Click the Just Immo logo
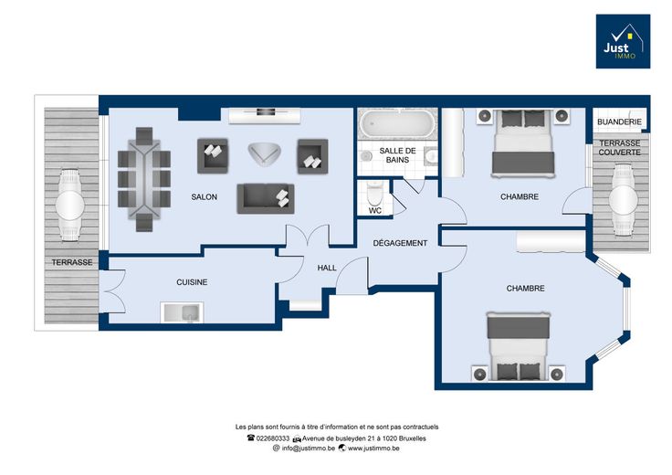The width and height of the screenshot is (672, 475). coord(623,41)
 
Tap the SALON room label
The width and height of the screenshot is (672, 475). coord(204,197)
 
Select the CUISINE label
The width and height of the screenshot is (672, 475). coord(192,282)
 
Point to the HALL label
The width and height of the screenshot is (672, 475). coord(327,268)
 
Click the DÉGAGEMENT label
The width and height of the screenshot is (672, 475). coord(400,243)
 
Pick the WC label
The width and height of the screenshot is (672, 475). coord(375,210)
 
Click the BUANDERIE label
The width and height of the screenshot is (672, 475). coord(619,122)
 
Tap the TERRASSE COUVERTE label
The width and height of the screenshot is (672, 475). coord(620,147)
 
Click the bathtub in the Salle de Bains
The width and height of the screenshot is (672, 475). coord(397,124)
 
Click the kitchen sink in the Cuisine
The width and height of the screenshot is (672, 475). coord(182,311)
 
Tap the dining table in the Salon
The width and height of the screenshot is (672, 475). coord(144,179)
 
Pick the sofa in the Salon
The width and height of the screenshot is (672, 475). coord(266,198)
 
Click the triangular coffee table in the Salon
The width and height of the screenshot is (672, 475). coord(265,153)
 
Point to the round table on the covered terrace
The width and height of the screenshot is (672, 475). coord(623,199)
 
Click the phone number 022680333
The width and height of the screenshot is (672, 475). coord(273,438)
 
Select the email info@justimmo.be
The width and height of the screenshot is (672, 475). coord(308,449)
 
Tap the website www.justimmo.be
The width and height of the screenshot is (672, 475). coord(373,449)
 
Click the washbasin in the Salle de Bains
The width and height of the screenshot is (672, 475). coord(431,157)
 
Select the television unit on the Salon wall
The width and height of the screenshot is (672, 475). coord(265,116)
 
